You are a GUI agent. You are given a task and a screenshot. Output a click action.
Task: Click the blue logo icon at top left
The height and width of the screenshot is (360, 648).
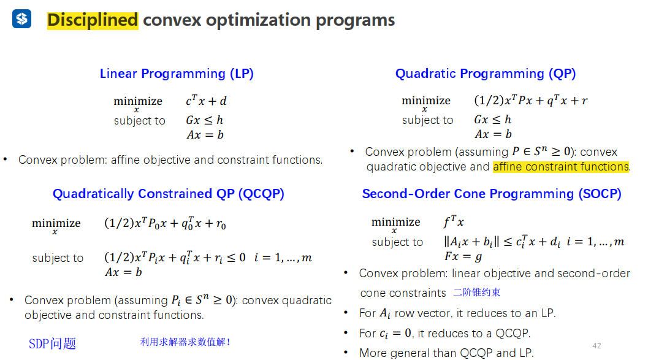pos(21,20)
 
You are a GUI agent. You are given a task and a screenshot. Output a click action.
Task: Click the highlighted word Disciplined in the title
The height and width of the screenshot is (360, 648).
pos(93,20)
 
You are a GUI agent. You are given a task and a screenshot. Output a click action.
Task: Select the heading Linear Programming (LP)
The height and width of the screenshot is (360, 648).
pos(177,74)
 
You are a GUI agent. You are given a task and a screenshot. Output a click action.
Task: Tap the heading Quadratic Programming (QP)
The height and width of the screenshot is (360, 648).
pos(486,74)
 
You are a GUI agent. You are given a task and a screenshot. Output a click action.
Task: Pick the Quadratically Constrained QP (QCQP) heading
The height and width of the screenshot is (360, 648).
pos(169,194)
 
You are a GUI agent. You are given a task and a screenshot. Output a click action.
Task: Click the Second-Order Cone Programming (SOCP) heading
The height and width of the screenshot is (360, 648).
pos(492,194)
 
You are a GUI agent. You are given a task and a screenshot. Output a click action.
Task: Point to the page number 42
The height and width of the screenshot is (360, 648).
pos(597,345)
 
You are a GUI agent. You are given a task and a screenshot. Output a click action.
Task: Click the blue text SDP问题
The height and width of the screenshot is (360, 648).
pos(53,343)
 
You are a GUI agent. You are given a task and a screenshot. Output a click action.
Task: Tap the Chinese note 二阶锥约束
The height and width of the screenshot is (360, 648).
pos(477,293)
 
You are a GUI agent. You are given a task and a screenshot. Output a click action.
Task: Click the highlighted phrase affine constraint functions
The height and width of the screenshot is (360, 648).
pos(561,167)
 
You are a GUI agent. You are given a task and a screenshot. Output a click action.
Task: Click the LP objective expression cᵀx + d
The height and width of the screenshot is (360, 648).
pos(207,101)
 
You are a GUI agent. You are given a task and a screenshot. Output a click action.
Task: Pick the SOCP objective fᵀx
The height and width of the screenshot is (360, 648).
pos(454,222)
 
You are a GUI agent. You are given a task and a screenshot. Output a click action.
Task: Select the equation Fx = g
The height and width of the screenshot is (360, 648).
pos(463,256)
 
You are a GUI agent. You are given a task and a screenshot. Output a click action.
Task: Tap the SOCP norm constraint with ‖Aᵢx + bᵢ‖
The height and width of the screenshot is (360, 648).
pos(533,242)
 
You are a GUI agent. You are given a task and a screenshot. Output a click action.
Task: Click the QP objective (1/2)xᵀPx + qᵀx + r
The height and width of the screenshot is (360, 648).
pos(531,101)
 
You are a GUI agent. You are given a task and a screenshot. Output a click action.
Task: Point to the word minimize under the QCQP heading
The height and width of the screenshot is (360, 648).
pos(56,224)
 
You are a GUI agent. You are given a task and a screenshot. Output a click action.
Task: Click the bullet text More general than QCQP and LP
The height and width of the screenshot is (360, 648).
pos(446,353)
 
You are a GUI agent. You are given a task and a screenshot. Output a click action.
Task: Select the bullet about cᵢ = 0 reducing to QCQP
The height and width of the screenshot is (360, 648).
pos(444,333)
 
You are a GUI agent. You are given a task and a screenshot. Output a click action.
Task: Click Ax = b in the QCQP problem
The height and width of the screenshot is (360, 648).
pos(123,272)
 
